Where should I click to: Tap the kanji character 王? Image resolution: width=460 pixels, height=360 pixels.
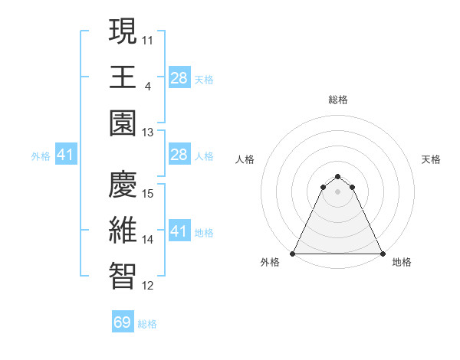pyautogui.click(x=123, y=77)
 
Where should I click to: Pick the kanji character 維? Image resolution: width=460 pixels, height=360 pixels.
pyautogui.click(x=123, y=231)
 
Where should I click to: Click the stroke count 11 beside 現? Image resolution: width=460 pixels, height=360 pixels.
pyautogui.click(x=148, y=38)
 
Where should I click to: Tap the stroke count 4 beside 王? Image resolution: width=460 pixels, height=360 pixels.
pyautogui.click(x=147, y=86)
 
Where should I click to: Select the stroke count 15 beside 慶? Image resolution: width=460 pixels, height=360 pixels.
pyautogui.click(x=148, y=193)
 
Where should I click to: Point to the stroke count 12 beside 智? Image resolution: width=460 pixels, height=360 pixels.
pyautogui.click(x=148, y=286)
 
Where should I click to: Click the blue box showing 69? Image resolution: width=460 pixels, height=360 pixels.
pyautogui.click(x=123, y=322)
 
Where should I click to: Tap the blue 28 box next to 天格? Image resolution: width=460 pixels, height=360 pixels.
pyautogui.click(x=179, y=77)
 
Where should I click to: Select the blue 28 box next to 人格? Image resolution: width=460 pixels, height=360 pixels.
pyautogui.click(x=179, y=155)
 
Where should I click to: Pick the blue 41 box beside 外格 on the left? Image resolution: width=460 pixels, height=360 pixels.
pyautogui.click(x=65, y=155)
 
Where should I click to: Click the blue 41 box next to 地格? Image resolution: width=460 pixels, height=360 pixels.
pyautogui.click(x=179, y=231)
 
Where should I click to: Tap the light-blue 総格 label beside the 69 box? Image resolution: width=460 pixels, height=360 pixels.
pyautogui.click(x=147, y=324)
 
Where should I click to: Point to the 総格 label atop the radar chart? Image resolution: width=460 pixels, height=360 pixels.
pyautogui.click(x=338, y=100)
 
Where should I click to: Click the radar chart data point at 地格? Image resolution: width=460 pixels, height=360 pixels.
pyautogui.click(x=383, y=254)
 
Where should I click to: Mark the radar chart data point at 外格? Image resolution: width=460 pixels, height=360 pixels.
pyautogui.click(x=293, y=254)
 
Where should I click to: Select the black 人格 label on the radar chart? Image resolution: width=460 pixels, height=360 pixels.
pyautogui.click(x=245, y=159)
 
